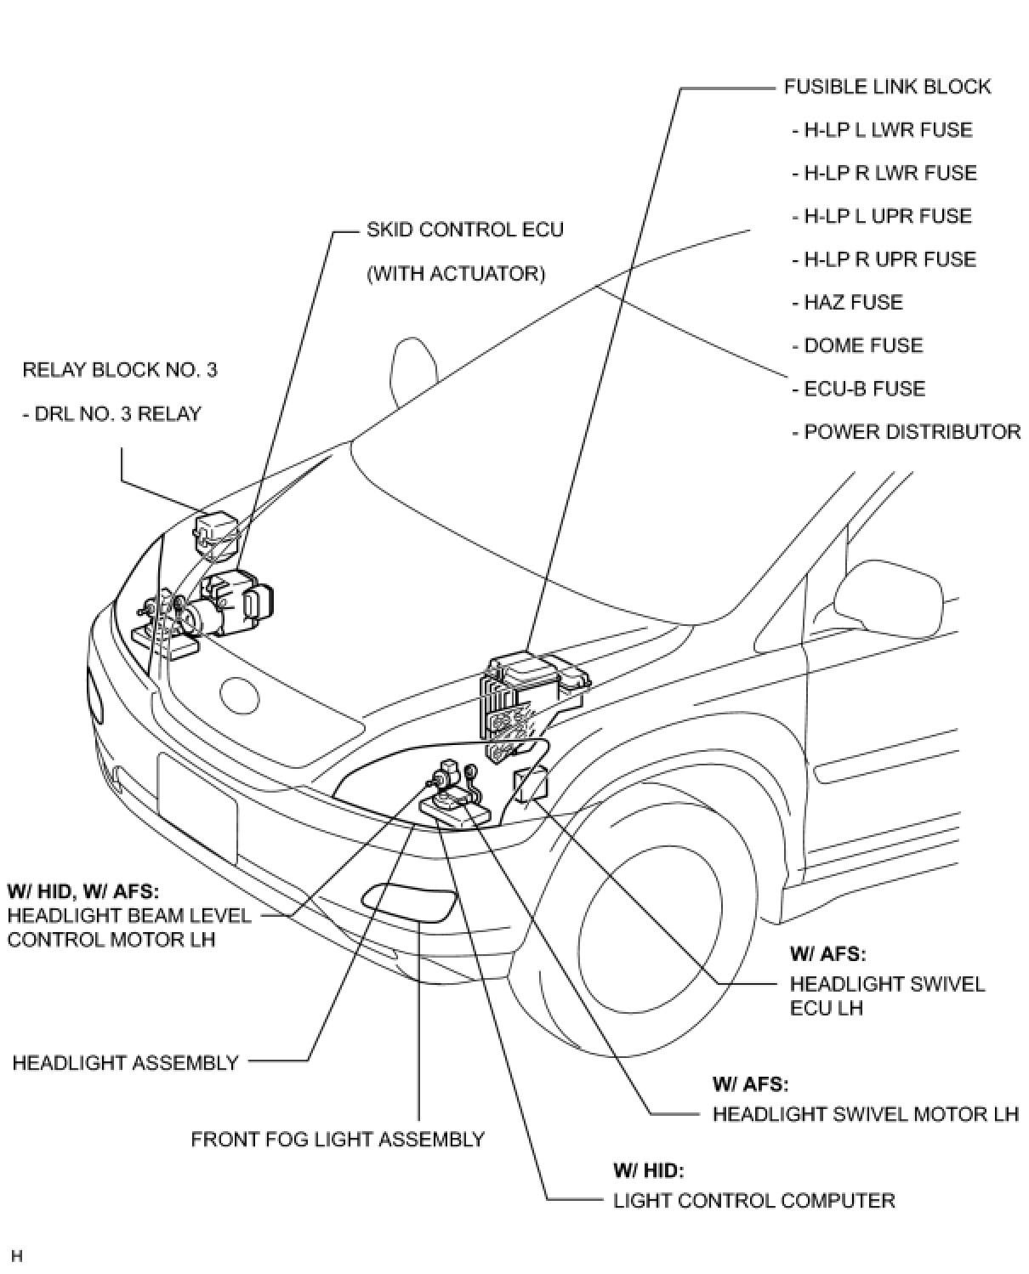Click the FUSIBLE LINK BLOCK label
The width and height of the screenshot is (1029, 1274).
(x=887, y=87)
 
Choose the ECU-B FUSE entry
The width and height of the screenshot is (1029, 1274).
(x=858, y=389)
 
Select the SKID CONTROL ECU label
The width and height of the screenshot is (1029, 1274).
(x=464, y=230)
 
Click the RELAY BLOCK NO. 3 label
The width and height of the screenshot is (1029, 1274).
(x=119, y=370)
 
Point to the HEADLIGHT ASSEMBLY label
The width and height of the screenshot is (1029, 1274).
(x=125, y=1063)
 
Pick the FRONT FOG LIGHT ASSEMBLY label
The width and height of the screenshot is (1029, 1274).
(x=338, y=1140)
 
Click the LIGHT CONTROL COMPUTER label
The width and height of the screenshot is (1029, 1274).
(x=753, y=1201)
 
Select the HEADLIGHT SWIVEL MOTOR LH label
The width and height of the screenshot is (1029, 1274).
(x=865, y=1114)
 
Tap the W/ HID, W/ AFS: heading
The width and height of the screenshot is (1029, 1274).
(x=83, y=891)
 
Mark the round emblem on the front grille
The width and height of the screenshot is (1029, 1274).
(x=239, y=694)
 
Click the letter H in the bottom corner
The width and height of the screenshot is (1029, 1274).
(x=17, y=1255)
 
